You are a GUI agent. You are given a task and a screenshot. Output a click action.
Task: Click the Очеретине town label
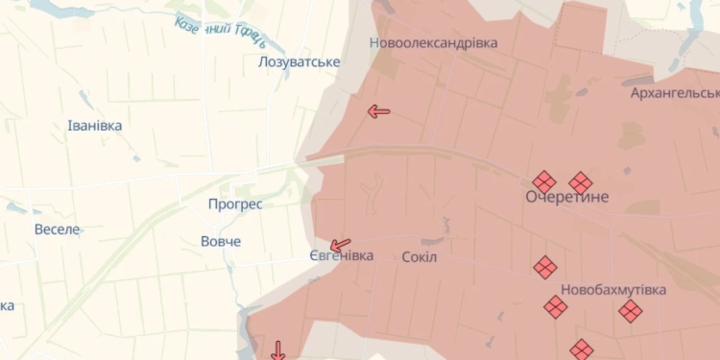[566, 197]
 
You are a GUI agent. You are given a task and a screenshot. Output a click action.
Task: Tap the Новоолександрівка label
[434, 43]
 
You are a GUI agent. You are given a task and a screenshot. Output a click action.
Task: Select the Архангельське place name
[675, 93]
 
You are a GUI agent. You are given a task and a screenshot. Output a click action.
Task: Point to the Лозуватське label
[299, 62]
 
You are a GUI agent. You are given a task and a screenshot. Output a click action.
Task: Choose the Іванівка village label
[95, 126]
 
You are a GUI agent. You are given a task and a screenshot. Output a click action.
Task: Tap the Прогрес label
[235, 204]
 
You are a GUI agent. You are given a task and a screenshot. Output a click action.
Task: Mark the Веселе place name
[58, 229]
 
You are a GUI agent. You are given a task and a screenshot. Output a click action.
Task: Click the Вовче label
[221, 241]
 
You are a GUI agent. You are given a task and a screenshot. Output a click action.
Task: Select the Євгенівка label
[341, 255]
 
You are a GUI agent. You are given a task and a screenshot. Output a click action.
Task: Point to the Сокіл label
[419, 256]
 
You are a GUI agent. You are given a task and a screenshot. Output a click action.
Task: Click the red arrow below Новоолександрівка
[378, 111]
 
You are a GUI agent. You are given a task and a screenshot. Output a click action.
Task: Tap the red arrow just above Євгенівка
[340, 245]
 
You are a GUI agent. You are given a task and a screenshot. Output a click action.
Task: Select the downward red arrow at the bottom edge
[278, 349]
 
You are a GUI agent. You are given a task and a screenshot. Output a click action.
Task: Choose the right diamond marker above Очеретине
[580, 182]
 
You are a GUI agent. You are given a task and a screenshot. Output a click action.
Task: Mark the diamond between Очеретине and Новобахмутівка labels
[545, 268]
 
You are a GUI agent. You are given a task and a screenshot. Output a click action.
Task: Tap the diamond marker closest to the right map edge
[630, 311]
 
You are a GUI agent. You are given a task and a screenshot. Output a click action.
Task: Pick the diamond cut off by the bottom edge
[581, 350]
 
